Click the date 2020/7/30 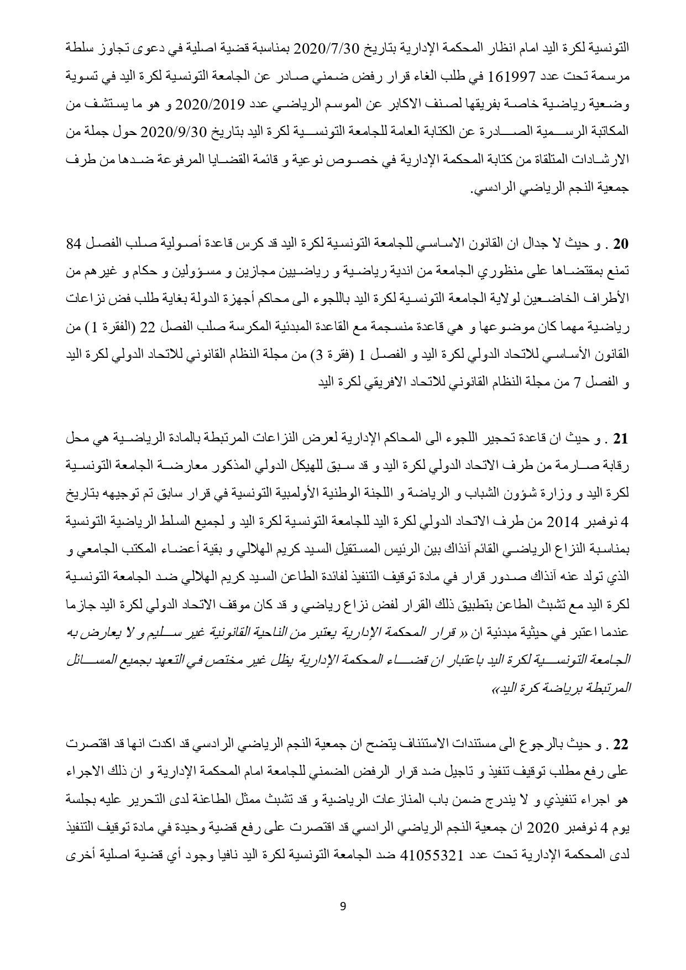(x=322, y=46)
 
